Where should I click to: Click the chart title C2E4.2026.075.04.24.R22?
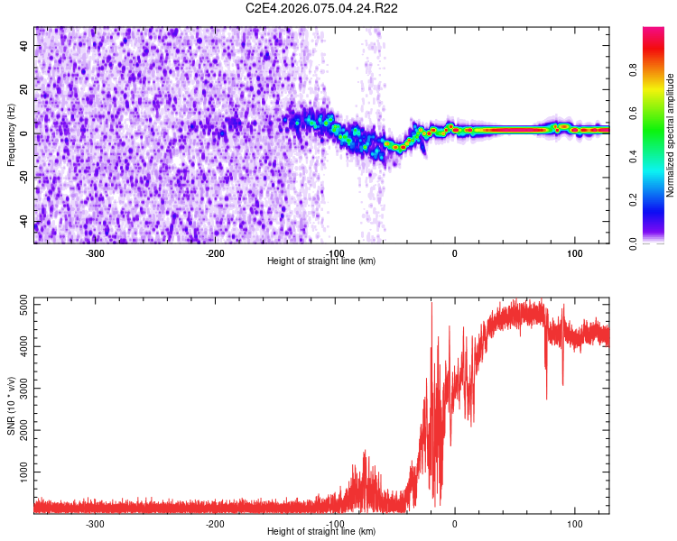click(x=322, y=8)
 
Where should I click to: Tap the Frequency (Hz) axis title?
click(x=12, y=134)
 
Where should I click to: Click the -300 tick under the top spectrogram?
click(x=96, y=252)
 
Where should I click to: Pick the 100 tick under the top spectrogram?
click(x=574, y=252)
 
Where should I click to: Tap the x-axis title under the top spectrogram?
click(x=321, y=261)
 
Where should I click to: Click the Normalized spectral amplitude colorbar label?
click(x=671, y=134)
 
